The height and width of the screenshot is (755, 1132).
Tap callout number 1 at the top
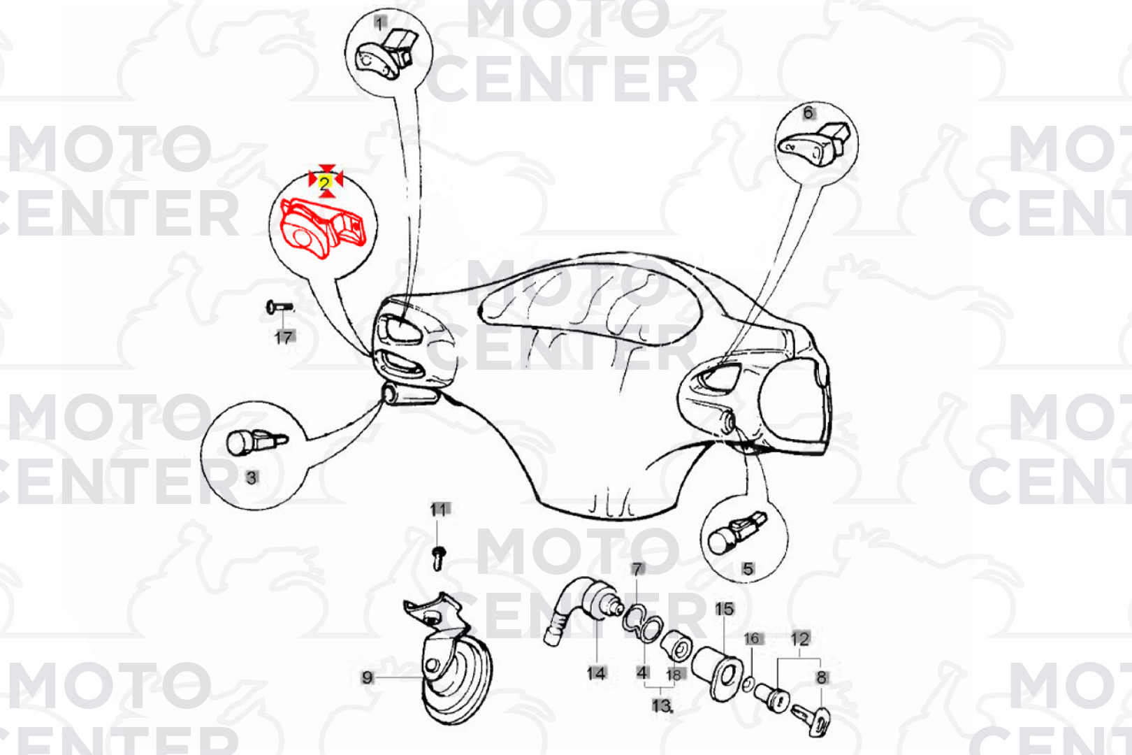(379, 23)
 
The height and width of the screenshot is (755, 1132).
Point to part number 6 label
(808, 113)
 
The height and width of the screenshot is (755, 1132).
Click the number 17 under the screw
(284, 337)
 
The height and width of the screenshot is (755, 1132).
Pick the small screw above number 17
(280, 306)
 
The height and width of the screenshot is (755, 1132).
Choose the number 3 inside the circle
(252, 477)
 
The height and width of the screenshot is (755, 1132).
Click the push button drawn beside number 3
(256, 443)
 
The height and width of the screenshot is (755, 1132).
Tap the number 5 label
(748, 569)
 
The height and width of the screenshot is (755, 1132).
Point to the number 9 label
(368, 677)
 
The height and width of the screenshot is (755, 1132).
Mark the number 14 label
(596, 673)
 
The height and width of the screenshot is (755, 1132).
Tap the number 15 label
(724, 609)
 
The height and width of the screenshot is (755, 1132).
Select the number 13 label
(662, 705)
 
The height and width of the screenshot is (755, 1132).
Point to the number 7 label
(637, 569)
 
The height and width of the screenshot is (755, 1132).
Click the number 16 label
(753, 639)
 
